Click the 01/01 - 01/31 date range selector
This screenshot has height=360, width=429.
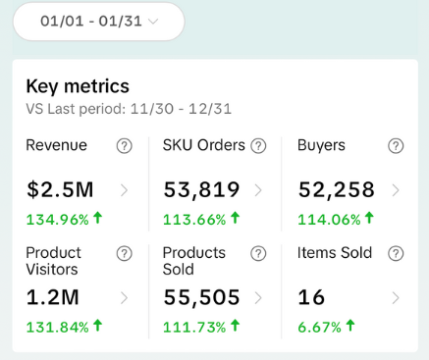(98, 21)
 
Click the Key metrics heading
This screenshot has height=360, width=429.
(78, 86)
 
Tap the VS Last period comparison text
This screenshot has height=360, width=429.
(129, 109)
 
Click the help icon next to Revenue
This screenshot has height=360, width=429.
(124, 146)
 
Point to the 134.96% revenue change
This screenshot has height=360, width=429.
(65, 218)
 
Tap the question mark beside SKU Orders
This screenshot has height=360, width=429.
(258, 146)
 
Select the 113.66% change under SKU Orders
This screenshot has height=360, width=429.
(201, 218)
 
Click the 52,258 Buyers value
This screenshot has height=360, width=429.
(338, 189)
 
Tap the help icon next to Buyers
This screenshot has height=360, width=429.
(396, 146)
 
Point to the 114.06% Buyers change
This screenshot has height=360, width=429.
(337, 218)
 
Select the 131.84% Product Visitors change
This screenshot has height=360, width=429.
(65, 325)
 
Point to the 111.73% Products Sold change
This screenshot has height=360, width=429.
(201, 325)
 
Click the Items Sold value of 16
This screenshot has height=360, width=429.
(311, 296)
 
